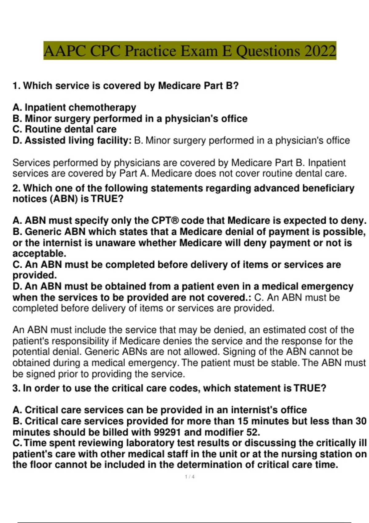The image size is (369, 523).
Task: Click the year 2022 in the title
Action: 320,51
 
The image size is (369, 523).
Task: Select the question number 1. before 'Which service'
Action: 17,86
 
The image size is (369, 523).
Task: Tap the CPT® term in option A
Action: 165,221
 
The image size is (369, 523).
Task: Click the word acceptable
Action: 39,254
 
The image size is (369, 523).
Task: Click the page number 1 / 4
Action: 190,477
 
